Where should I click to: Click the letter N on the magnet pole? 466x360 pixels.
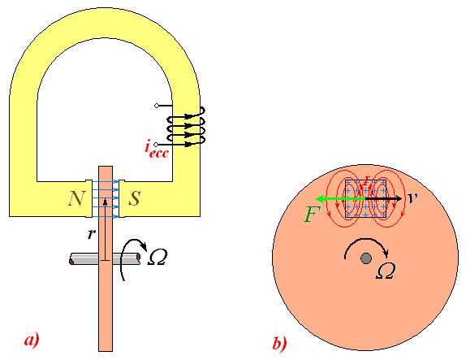pyautogui.click(x=76, y=198)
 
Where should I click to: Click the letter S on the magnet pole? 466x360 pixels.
pyautogui.click(x=134, y=198)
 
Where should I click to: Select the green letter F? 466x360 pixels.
pyautogui.click(x=312, y=215)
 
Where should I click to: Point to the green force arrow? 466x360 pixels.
pyautogui.click(x=340, y=198)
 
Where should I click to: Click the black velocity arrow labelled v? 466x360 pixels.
pyautogui.click(x=384, y=198)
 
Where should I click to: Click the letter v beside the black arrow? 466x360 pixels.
pyautogui.click(x=412, y=198)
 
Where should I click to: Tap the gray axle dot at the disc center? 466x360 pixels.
pyautogui.click(x=365, y=258)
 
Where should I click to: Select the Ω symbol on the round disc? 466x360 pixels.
pyautogui.click(x=386, y=271)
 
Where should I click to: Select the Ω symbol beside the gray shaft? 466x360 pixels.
pyautogui.click(x=157, y=258)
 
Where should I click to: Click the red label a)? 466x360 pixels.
pyautogui.click(x=32, y=340)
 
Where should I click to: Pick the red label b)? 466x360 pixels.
pyautogui.click(x=279, y=343)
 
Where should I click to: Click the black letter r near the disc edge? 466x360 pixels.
pyautogui.click(x=91, y=234)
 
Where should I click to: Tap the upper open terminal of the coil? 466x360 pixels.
pyautogui.click(x=157, y=106)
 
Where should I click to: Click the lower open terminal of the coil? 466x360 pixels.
pyautogui.click(x=157, y=145)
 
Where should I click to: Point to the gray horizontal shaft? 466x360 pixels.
pyautogui.click(x=105, y=259)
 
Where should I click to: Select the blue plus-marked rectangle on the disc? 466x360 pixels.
pyautogui.click(x=365, y=198)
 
